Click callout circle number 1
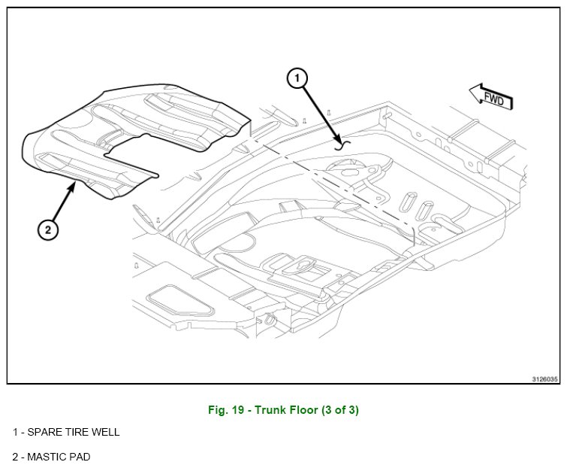point(297,77)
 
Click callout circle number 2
point(47,230)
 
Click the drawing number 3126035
point(545,378)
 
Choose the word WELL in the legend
point(105,433)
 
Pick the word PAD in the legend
point(80,457)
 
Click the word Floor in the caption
point(306,410)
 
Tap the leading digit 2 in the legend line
point(15,457)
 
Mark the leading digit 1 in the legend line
point(15,433)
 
